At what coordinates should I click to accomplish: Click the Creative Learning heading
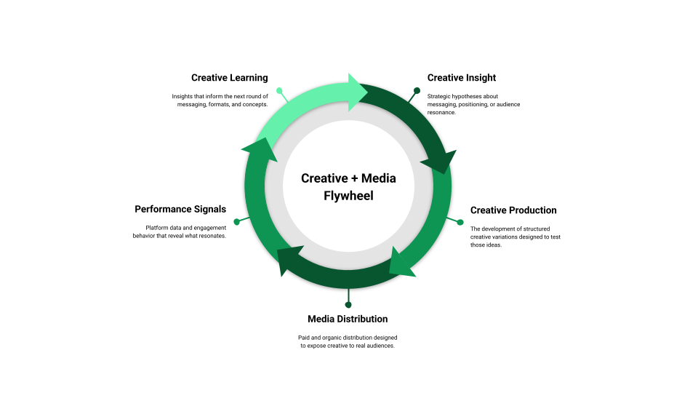click(230, 78)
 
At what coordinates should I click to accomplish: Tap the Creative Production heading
click(513, 210)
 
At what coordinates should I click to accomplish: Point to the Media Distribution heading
click(348, 319)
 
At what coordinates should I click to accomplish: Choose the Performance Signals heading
click(180, 210)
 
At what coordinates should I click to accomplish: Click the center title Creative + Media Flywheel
click(348, 187)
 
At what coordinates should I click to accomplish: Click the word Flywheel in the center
click(348, 196)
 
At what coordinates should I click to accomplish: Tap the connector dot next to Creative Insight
click(417, 91)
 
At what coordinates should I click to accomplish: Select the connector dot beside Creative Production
click(460, 222)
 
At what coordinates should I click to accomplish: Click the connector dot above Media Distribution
click(348, 304)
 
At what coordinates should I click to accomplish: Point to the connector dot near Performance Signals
click(236, 221)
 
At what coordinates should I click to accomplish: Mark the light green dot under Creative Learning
click(280, 91)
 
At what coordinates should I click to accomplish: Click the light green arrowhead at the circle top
click(358, 92)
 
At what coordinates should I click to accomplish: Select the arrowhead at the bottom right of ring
click(401, 263)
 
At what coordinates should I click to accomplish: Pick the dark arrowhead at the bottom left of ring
click(289, 261)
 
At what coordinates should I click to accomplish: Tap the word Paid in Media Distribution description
click(305, 337)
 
